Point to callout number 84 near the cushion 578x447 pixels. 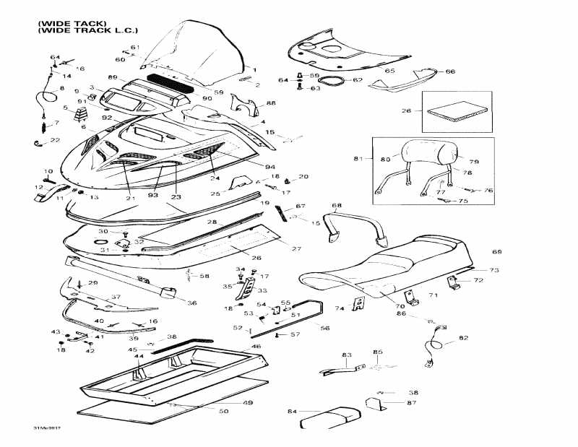click(292, 412)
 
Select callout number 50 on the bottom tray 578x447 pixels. click(224, 411)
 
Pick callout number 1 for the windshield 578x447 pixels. click(254, 70)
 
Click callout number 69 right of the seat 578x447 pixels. click(496, 252)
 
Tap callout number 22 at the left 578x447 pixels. click(55, 139)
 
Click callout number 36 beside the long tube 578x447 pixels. click(192, 303)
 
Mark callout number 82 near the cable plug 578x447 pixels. click(463, 337)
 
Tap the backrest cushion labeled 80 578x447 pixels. click(427, 153)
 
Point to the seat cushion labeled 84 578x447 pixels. click(329, 416)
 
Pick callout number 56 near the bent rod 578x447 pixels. click(324, 328)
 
